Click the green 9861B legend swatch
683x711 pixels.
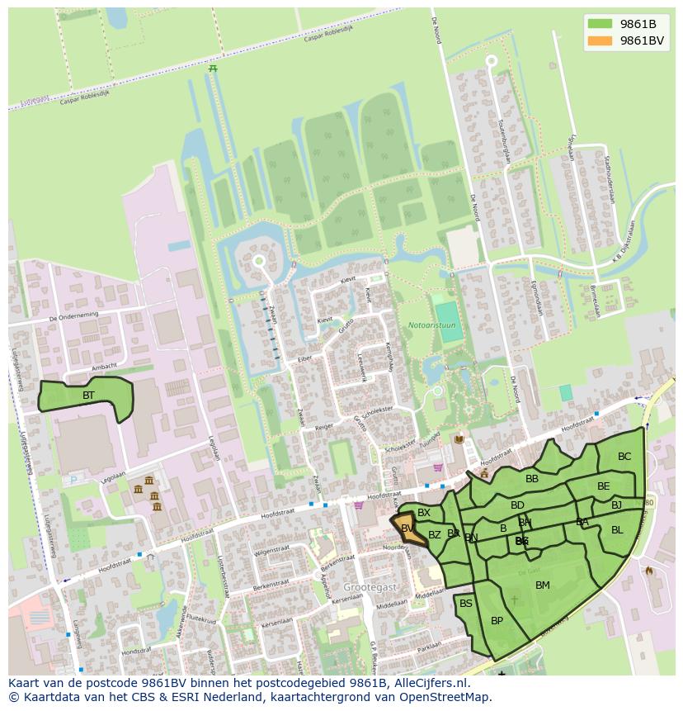[x=600, y=23]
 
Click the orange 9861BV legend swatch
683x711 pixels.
[x=600, y=40]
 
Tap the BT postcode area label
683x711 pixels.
[x=88, y=396]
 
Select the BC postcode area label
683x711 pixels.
[x=624, y=457]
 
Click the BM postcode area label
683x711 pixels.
[x=542, y=585]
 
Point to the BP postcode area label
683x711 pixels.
[x=497, y=621]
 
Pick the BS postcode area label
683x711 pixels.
[x=466, y=604]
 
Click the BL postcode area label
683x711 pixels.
[x=617, y=530]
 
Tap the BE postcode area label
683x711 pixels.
[x=604, y=486]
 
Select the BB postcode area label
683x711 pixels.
[x=532, y=478]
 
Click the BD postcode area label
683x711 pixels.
[x=517, y=505]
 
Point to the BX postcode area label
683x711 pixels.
[x=424, y=513]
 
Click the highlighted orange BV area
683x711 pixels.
[x=409, y=530]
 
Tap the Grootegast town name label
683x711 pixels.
[x=370, y=586]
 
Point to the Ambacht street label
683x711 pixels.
[x=104, y=367]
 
